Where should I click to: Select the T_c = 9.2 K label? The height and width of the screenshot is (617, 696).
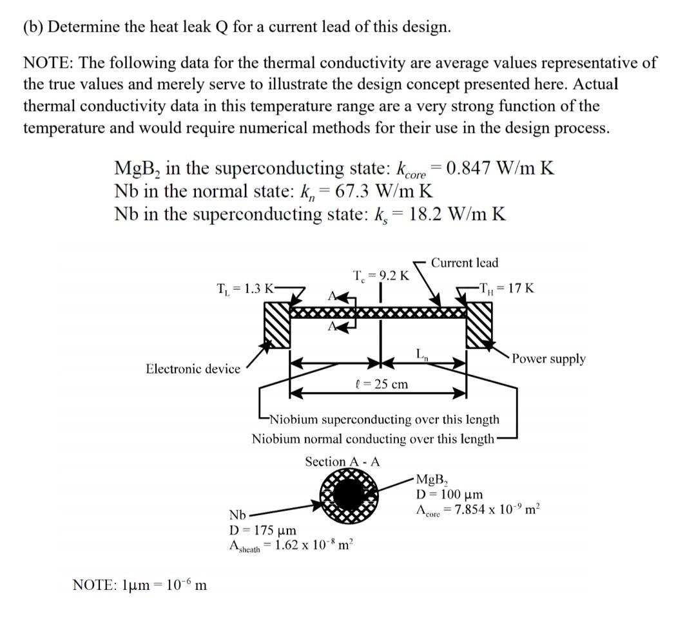(382, 276)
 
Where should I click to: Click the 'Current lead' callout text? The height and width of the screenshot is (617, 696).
(464, 262)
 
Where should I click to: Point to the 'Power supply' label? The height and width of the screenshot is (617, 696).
(549, 359)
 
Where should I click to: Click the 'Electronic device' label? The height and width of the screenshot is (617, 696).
(193, 368)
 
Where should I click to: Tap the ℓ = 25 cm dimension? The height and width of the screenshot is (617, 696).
(382, 384)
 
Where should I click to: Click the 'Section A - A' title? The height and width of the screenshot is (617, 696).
(342, 462)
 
